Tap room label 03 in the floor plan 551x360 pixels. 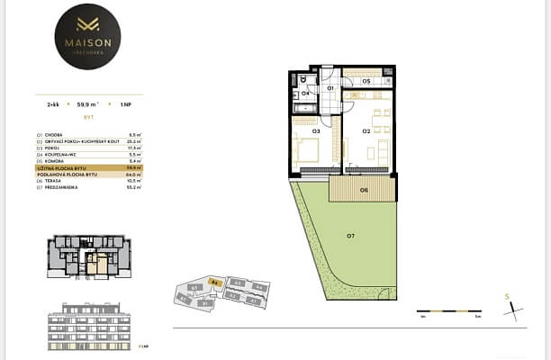coord(316,131)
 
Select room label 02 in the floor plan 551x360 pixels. coord(366,131)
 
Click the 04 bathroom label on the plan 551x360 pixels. coord(305,93)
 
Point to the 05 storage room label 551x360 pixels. coord(366,82)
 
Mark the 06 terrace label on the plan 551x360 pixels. coord(363,190)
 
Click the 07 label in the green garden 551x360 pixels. coord(350,236)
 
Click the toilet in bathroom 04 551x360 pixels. coord(295,79)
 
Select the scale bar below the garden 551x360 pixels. coord(449,312)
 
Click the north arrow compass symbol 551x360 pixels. coord(510,306)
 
